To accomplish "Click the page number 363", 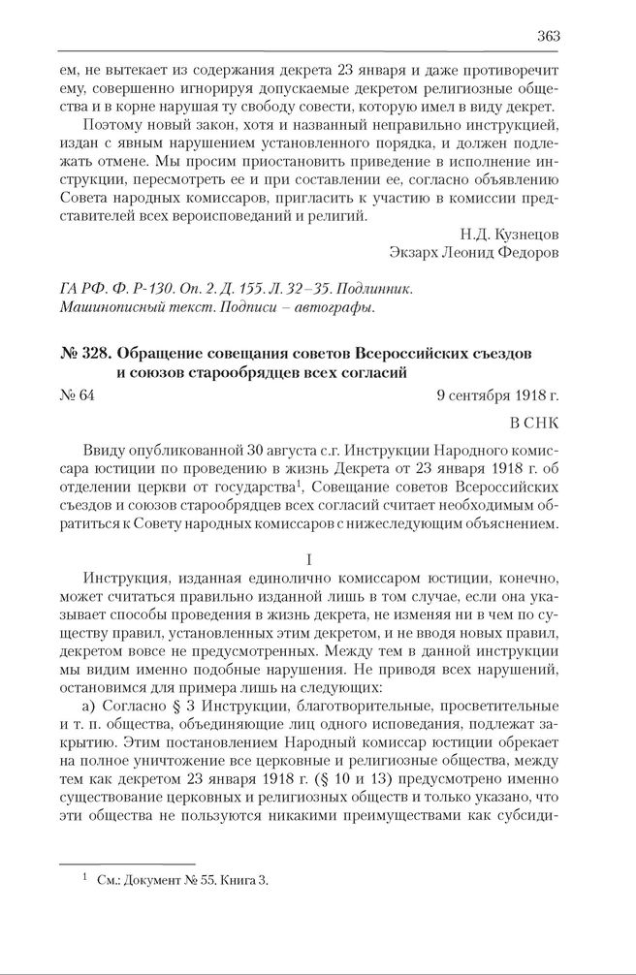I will click(x=548, y=36).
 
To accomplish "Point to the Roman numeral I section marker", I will click(x=309, y=560).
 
